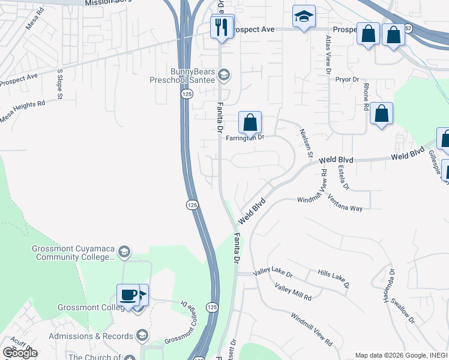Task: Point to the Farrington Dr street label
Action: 245,137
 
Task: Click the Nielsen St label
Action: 306,144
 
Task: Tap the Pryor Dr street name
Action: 347,79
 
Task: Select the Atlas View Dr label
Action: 328,54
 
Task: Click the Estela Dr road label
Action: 343,177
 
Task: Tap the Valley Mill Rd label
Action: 294,293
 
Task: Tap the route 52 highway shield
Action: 408,28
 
